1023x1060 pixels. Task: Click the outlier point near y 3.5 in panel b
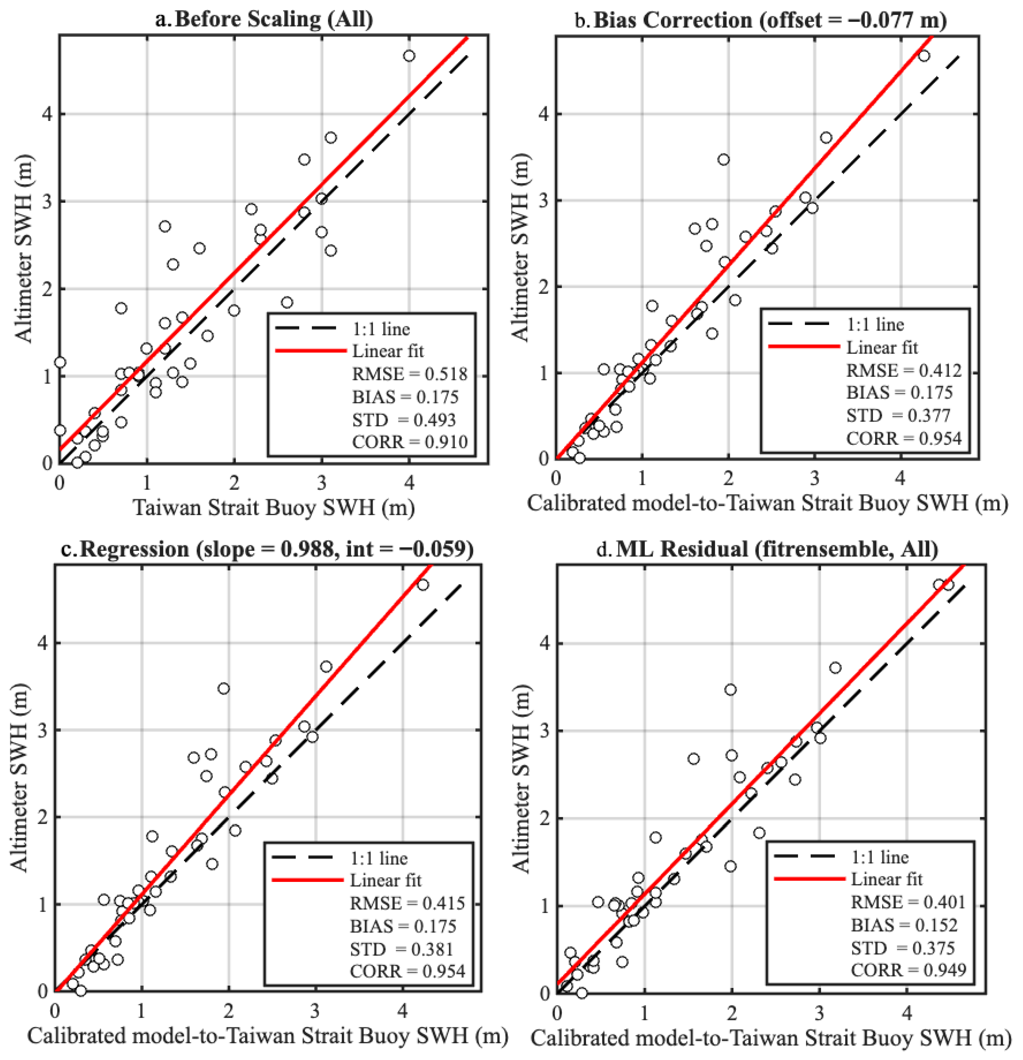point(723,160)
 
